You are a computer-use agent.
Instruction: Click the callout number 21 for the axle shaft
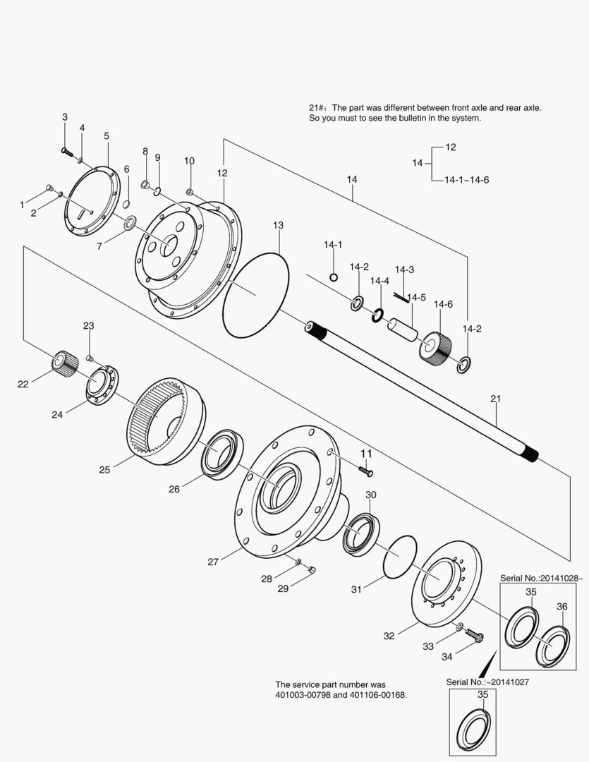(x=495, y=399)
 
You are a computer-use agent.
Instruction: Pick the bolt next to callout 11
(x=365, y=470)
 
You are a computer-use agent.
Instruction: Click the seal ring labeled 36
(x=554, y=644)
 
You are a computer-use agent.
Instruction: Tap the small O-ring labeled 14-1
(x=334, y=277)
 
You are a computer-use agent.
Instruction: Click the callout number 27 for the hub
(x=214, y=562)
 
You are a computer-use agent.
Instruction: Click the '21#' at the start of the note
(x=317, y=107)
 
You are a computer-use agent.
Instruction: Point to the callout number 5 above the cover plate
(x=107, y=135)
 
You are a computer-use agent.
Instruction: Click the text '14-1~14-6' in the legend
(x=466, y=180)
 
